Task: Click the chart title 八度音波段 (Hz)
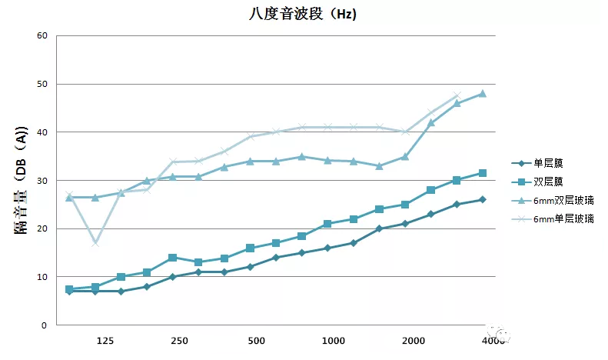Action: click(303, 13)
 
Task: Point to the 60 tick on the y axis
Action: click(42, 36)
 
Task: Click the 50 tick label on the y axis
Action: click(42, 85)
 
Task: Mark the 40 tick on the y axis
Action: click(42, 132)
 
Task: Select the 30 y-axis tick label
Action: click(42, 181)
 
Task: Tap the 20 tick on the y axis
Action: click(42, 229)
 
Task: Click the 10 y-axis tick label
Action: click(42, 277)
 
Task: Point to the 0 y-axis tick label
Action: click(45, 325)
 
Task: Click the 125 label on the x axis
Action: click(105, 341)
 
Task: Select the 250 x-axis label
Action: click(180, 341)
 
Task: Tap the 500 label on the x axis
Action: click(257, 341)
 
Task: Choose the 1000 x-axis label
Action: click(333, 341)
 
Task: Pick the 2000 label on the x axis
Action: click(413, 341)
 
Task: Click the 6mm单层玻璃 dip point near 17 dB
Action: click(95, 243)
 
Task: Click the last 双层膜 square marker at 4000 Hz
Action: click(483, 173)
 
